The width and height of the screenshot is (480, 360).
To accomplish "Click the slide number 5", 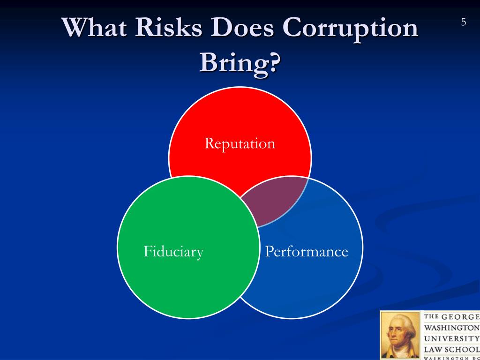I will pyautogui.click(x=464, y=22).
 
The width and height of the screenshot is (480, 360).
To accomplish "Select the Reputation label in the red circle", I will pyautogui.click(x=240, y=143).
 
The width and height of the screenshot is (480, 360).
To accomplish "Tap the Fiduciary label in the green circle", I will pyautogui.click(x=173, y=252).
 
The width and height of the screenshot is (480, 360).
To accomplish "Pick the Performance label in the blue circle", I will pyautogui.click(x=307, y=252).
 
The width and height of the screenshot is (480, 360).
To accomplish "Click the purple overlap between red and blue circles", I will pyautogui.click(x=277, y=202).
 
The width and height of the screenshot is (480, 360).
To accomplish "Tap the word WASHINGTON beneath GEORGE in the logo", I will pyautogui.click(x=451, y=328).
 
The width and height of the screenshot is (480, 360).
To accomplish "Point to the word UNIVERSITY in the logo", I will pyautogui.click(x=451, y=338).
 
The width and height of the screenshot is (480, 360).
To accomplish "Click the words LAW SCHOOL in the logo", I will pyautogui.click(x=451, y=349).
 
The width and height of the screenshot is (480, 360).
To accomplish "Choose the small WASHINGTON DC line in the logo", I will pyautogui.click(x=451, y=358).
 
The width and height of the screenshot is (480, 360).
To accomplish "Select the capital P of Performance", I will pyautogui.click(x=269, y=252).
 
